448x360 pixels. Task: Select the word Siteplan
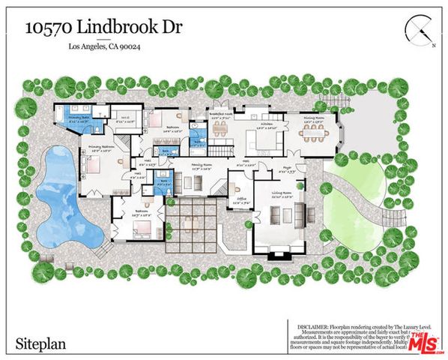click(x=38, y=344)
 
